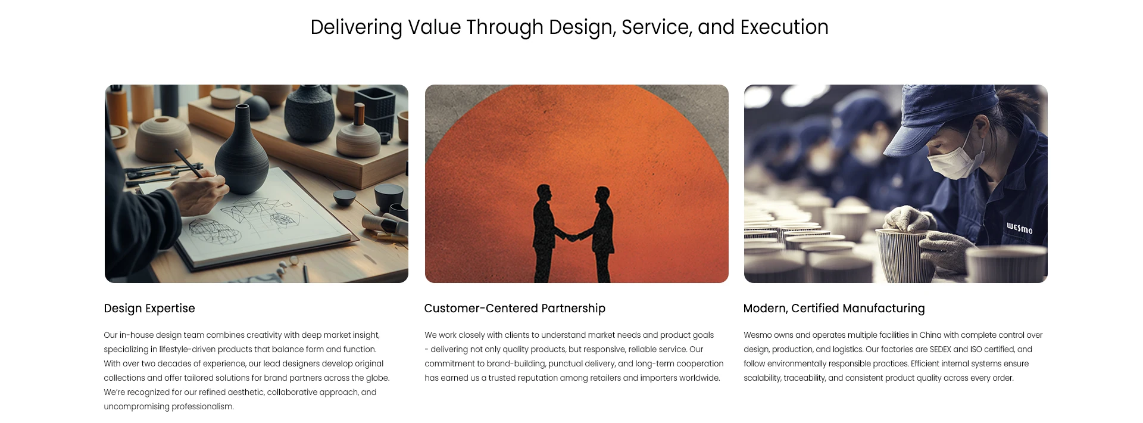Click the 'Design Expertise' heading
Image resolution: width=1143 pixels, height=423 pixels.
coord(149,309)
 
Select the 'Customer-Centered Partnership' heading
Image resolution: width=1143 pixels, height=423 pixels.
coord(515,309)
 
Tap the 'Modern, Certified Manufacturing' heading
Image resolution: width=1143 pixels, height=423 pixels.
coord(834,309)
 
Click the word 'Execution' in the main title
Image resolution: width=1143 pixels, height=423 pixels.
coord(785,27)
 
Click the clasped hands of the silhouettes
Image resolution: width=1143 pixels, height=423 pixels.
coord(571,237)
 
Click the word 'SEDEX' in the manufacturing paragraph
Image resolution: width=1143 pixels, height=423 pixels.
coord(941,350)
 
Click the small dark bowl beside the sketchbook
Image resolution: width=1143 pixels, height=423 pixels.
coord(345,197)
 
